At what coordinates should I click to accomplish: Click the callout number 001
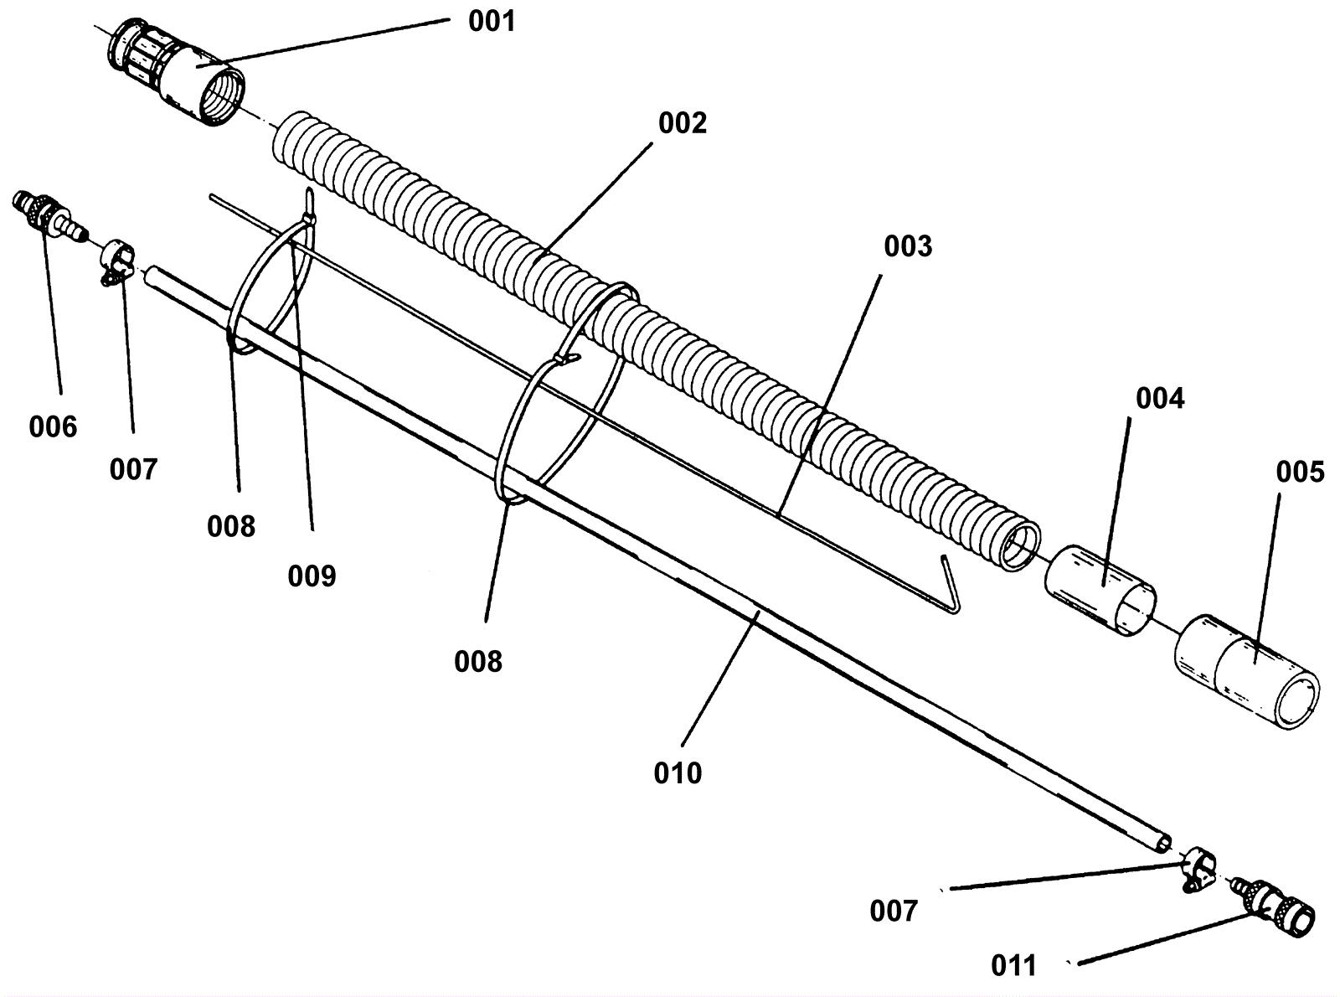492,21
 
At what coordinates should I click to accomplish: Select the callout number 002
683,123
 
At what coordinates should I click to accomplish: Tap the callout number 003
908,246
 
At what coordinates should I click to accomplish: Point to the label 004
1160,399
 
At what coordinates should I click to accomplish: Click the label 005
1300,473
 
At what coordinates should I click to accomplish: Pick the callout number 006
53,427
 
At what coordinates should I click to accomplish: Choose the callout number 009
312,576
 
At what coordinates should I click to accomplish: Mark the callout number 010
678,772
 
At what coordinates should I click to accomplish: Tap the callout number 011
1013,966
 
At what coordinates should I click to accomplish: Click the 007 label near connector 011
894,911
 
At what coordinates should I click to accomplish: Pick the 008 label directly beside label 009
231,526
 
